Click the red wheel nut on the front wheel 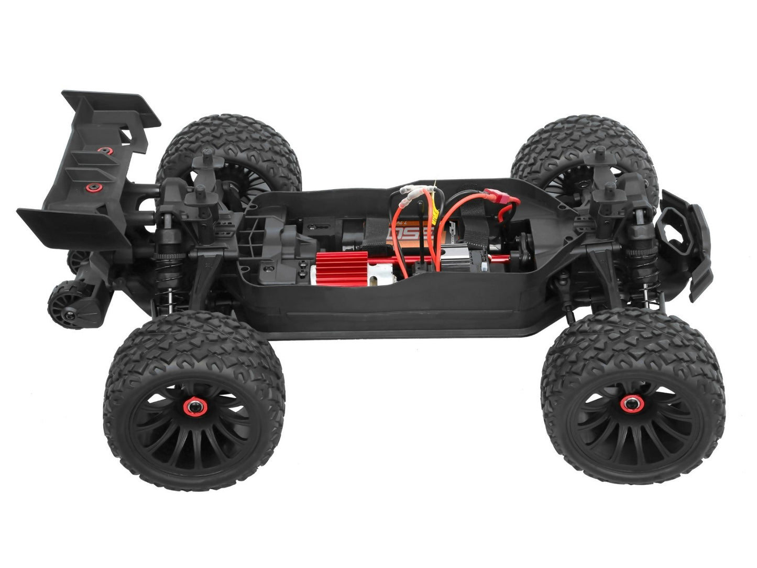pyautogui.click(x=630, y=403)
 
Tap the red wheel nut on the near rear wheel pyautogui.click(x=194, y=407)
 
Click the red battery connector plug pyautogui.click(x=501, y=198)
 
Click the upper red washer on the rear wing pyautogui.click(x=103, y=151)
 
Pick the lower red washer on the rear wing pyautogui.click(x=93, y=187)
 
